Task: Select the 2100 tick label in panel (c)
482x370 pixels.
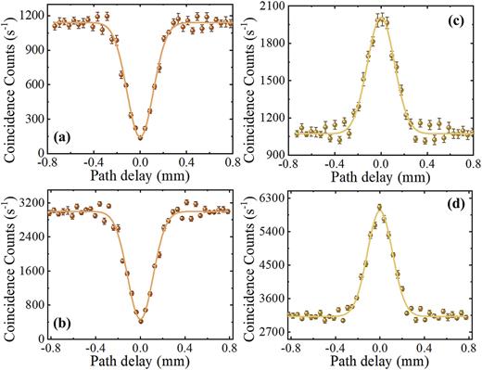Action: [x=273, y=7]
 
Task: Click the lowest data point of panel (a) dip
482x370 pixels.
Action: [x=140, y=137]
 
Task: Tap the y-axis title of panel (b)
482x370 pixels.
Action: [x=7, y=269]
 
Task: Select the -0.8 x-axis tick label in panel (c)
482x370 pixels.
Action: [x=289, y=159]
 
